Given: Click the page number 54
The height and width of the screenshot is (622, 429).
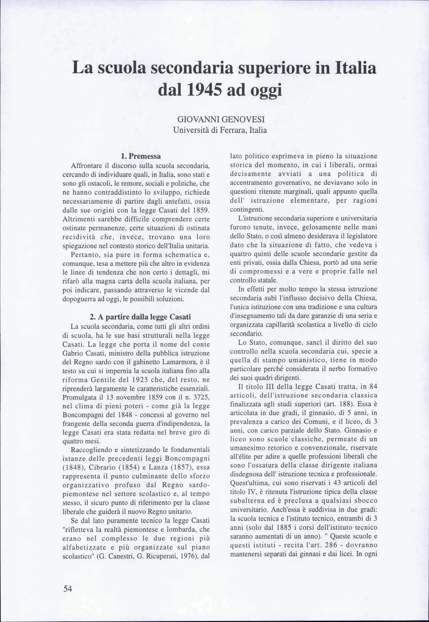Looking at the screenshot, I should click(x=68, y=589).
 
